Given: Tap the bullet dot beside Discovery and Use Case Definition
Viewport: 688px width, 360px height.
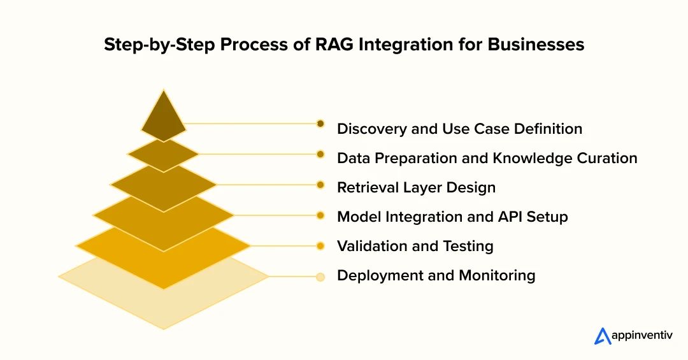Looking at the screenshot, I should tap(320, 124).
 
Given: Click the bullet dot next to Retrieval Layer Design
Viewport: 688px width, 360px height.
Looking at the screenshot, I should tap(320, 185).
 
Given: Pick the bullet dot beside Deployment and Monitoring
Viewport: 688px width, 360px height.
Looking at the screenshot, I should tap(320, 277).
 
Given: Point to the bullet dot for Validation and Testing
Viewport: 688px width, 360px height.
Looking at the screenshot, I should tap(320, 245).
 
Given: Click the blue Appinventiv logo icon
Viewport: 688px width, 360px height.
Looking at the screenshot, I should tap(603, 336).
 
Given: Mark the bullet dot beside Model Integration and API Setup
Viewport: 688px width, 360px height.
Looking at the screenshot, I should tap(320, 215).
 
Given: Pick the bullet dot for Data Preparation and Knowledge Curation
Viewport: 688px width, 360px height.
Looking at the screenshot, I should tap(320, 154).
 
